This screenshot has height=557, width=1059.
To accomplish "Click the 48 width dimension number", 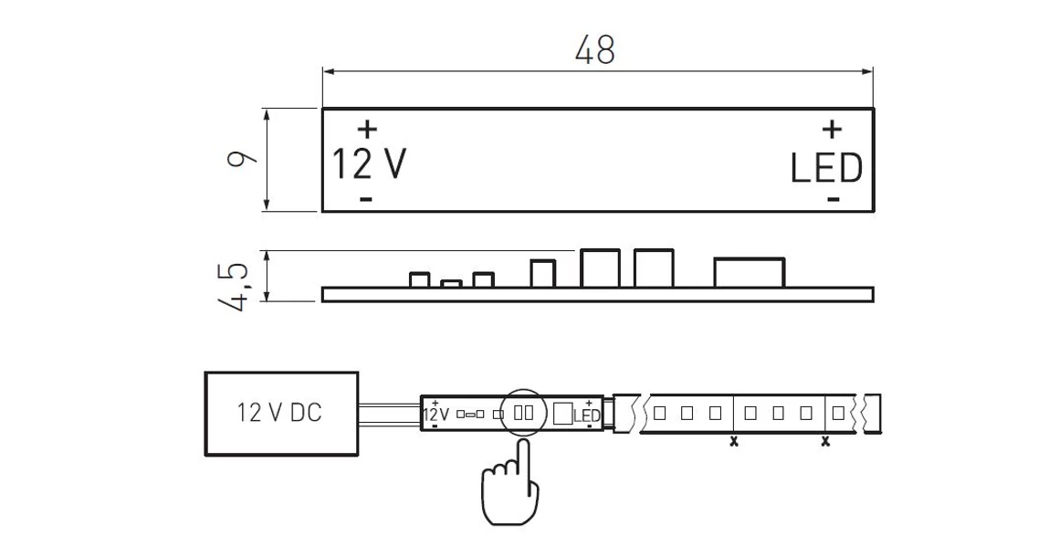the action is [595, 50].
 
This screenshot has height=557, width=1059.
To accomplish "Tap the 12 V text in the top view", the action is [369, 164].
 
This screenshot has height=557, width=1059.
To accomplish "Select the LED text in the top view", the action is [827, 169].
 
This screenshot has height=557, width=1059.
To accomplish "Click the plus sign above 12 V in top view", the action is [367, 128].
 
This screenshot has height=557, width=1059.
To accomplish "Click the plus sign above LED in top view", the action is [832, 128].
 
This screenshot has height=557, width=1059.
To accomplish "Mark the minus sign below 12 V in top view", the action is [366, 198].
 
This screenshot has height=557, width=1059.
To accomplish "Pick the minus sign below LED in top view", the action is [834, 198].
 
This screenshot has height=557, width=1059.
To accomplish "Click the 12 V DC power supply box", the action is [281, 414].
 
